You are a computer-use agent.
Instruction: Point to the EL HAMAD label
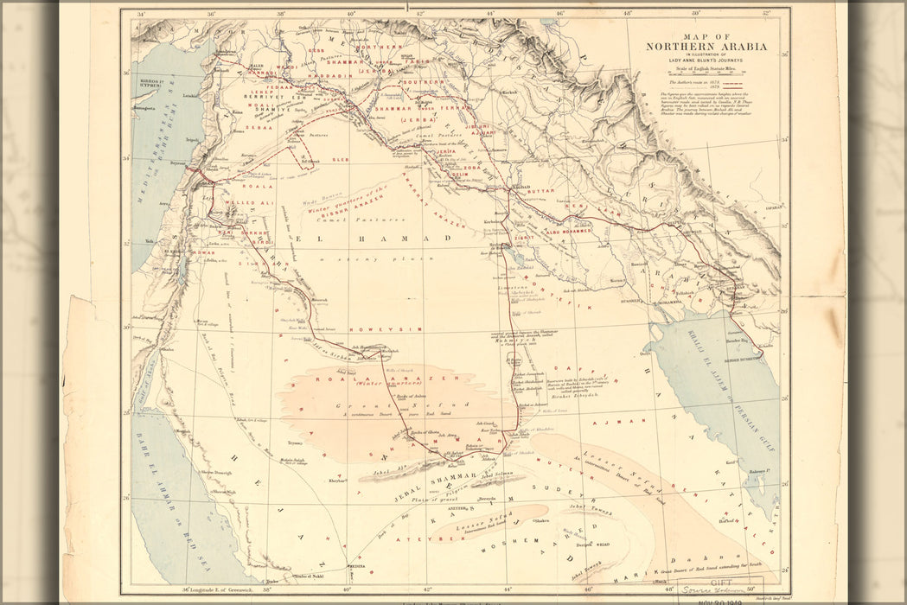[374, 238]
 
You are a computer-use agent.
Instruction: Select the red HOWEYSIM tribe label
[373, 329]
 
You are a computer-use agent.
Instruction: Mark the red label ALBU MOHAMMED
[569, 232]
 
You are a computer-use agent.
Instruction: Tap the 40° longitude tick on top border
[350, 13]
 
